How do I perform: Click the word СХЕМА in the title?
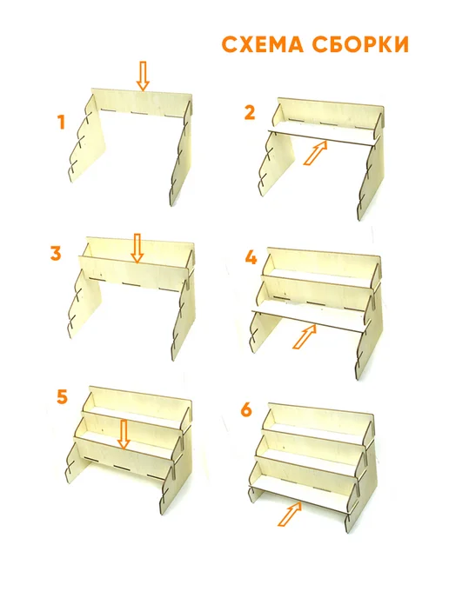262,44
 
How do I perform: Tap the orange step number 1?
61,123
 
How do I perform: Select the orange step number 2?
250,112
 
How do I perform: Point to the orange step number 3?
56,253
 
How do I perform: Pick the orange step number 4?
251,258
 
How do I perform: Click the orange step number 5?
62,397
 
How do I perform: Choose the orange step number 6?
246,410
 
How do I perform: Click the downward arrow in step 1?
144,76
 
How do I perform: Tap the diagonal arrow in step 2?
315,153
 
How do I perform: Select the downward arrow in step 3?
137,249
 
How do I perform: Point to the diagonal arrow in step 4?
305,336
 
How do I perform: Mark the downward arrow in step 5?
124,435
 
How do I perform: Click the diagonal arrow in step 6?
290,514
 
